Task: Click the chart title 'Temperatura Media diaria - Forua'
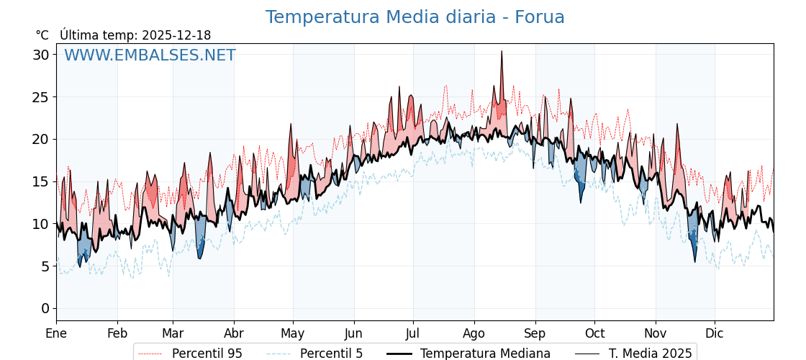coord(415,17)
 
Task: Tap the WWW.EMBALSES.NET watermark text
coord(150,56)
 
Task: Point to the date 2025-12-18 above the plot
coord(176,35)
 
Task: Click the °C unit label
coord(42,35)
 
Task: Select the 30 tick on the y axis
coord(40,55)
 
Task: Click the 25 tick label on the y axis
coord(40,97)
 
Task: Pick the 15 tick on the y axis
coord(40,181)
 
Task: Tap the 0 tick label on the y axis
coord(45,309)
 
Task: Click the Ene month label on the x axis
coord(56,333)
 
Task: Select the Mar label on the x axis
coord(173,333)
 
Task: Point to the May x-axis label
coord(293,333)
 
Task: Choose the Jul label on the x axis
coord(413,333)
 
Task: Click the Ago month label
coord(474,333)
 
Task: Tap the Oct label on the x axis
coord(594,333)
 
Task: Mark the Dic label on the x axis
coord(715,333)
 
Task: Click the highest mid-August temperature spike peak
coord(502,51)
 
